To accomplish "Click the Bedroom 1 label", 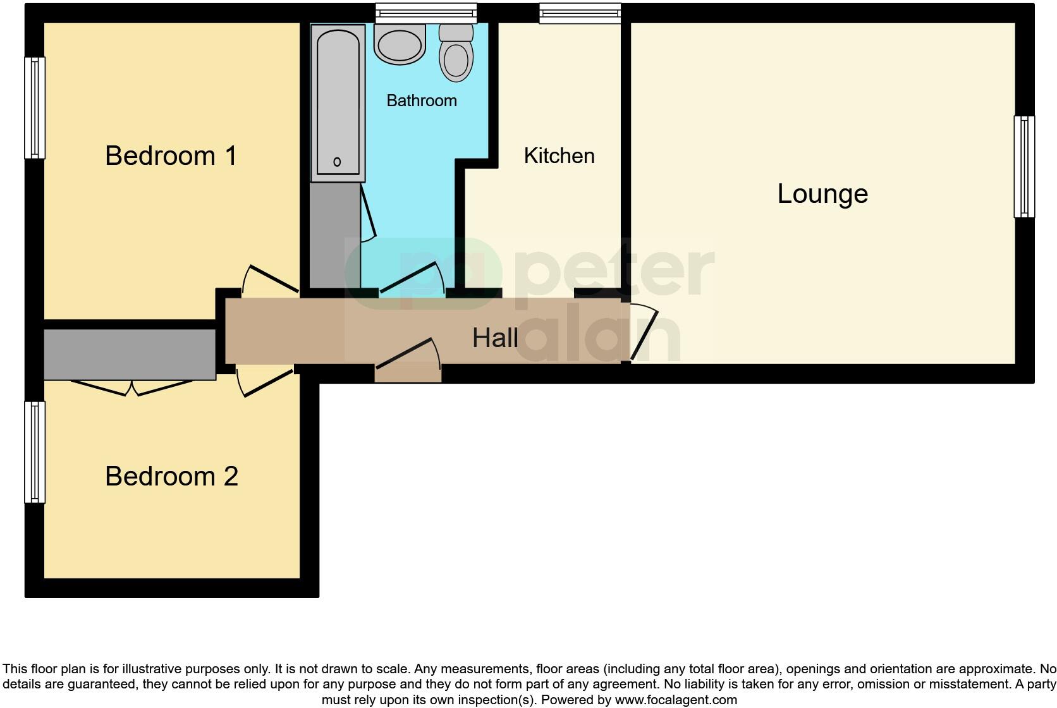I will [x=171, y=156].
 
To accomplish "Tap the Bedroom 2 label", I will [x=171, y=476].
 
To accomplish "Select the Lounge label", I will [x=822, y=193].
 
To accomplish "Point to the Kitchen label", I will [x=559, y=156].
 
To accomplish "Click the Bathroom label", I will [x=422, y=101].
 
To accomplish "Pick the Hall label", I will [x=495, y=338].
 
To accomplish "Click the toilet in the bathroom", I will [x=456, y=53].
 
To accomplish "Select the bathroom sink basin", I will [x=399, y=44].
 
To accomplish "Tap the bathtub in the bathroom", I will [x=338, y=101].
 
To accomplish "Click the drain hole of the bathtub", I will [x=337, y=162].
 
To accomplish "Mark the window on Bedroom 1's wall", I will [x=35, y=107].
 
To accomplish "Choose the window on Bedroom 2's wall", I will [x=35, y=452].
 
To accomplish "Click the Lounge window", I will [x=1024, y=167].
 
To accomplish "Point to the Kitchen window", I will [x=580, y=13].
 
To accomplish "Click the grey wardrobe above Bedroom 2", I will [x=130, y=354].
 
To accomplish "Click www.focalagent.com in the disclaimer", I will [x=676, y=700].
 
